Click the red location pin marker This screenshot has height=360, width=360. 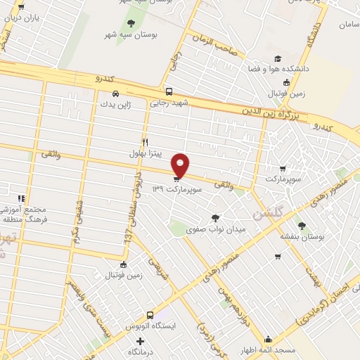point(181,165)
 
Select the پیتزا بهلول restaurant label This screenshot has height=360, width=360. point(146,153)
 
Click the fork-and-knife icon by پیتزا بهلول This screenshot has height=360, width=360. point(145,141)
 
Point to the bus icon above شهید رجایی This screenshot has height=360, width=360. point(169,91)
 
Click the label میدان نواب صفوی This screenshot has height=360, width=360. point(214,229)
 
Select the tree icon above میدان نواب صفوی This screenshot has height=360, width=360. point(215,218)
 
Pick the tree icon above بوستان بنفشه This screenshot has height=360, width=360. point(302,226)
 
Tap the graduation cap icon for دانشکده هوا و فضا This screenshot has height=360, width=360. point(278,58)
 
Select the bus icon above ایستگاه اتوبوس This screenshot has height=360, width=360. point(150,316)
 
